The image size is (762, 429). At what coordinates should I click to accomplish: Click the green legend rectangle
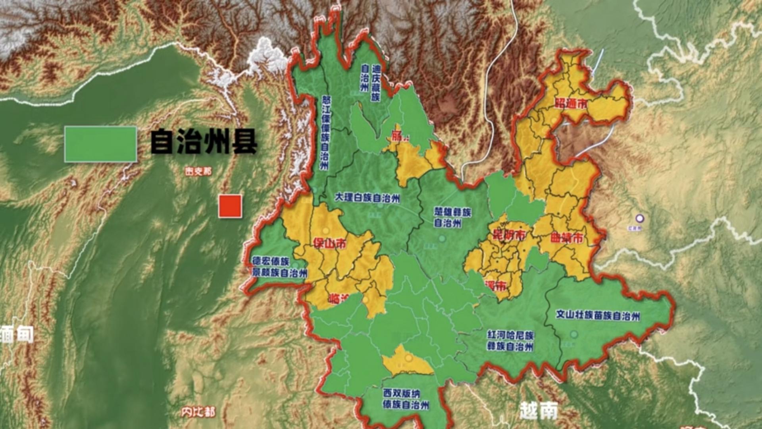tap(100, 144)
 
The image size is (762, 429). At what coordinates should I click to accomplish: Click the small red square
tap(230, 206)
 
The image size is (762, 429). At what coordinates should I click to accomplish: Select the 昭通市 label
tap(571, 104)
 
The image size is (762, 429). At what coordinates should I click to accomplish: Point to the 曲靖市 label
tap(567, 238)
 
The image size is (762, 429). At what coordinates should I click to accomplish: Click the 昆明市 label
tap(509, 235)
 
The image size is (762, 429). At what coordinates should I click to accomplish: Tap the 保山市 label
tap(329, 243)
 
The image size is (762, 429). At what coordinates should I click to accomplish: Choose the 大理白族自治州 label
tap(367, 198)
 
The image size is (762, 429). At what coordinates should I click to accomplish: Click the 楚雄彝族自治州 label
tap(452, 217)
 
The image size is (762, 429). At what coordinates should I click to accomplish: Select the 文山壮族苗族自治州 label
tap(598, 315)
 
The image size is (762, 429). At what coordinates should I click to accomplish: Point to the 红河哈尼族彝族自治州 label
tap(510, 341)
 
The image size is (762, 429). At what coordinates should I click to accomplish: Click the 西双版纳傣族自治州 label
tap(406, 399)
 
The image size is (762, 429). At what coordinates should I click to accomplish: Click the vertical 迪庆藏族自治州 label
tap(370, 83)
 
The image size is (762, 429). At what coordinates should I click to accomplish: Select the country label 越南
tap(539, 410)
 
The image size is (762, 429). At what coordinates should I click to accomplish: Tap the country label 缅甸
tap(17, 335)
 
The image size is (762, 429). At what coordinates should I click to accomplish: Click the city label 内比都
tap(198, 412)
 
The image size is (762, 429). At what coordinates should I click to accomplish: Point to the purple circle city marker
tap(639, 218)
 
